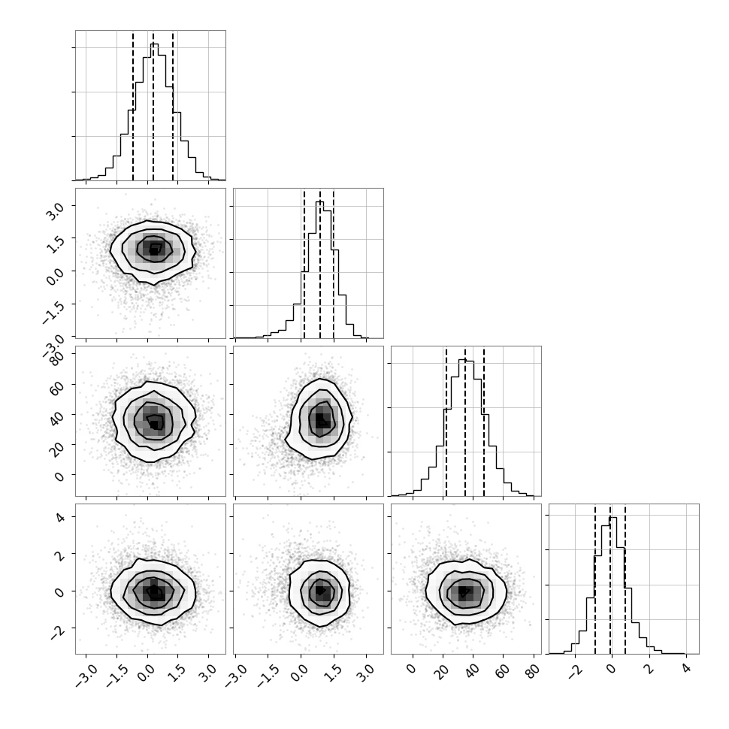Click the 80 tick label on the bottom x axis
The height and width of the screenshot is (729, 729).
(x=534, y=670)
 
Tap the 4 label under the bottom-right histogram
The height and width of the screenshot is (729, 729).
(x=687, y=669)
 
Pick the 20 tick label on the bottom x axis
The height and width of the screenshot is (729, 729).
(x=443, y=670)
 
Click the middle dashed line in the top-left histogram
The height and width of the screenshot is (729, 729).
(x=153, y=106)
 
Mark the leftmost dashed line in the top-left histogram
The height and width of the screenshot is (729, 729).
(x=133, y=106)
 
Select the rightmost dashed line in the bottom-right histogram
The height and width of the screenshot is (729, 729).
(x=625, y=579)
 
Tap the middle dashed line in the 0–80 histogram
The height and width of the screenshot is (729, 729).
(x=465, y=421)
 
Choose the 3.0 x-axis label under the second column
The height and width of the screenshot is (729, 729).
(x=366, y=673)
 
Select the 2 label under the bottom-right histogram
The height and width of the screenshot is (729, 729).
(x=649, y=669)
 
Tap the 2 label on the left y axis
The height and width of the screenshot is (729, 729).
(x=59, y=554)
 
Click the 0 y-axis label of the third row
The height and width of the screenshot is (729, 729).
(x=59, y=476)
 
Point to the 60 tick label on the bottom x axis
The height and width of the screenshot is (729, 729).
(x=504, y=670)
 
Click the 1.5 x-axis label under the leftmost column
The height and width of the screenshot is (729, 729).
(x=178, y=673)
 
